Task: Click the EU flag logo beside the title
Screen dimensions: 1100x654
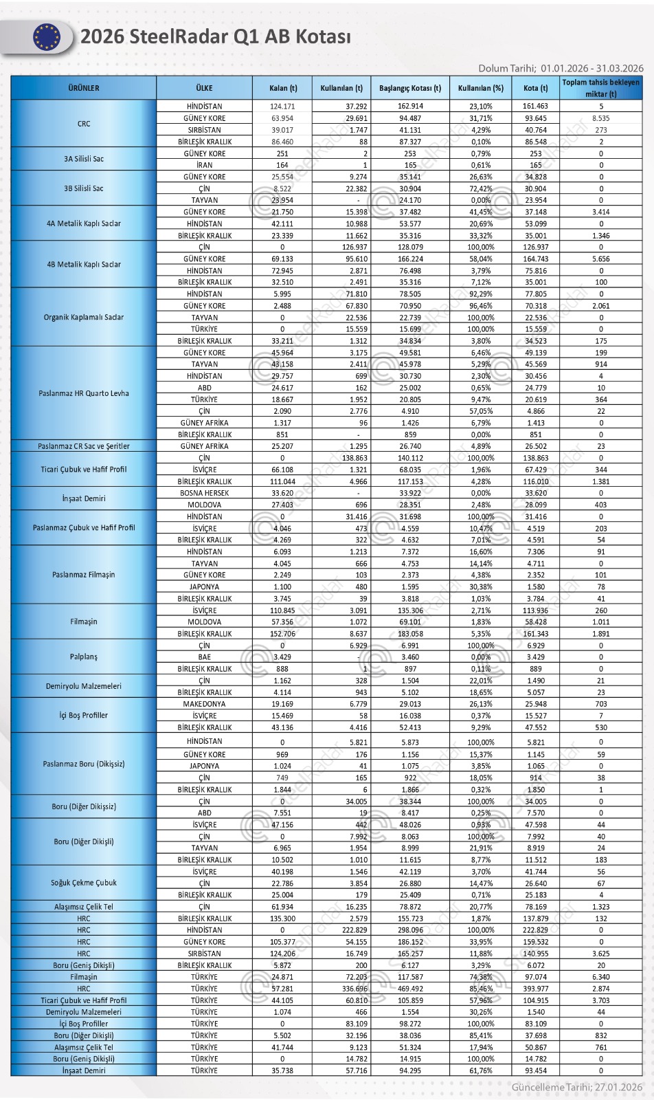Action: (47, 37)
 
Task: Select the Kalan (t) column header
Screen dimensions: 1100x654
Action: (283, 88)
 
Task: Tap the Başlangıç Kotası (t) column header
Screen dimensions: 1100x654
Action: (410, 88)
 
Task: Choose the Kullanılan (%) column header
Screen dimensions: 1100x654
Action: (481, 88)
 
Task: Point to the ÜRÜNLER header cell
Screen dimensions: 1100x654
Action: (84, 88)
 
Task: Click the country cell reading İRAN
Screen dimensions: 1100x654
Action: (204, 165)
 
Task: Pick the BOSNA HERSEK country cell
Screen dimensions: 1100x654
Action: (204, 493)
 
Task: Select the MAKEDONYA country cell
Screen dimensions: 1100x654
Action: (204, 704)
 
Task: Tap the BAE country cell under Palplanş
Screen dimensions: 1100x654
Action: (204, 657)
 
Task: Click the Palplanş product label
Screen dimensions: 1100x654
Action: (84, 657)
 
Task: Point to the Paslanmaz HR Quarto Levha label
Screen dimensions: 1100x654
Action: (84, 393)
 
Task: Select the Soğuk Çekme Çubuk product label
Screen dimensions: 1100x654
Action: (84, 883)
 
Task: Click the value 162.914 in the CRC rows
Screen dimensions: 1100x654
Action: (410, 107)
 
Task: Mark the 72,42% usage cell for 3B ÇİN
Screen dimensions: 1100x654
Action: (481, 188)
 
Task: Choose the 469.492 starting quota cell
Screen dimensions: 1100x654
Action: (410, 989)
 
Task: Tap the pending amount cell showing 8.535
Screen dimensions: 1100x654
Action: (601, 118)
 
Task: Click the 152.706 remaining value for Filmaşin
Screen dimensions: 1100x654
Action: (283, 634)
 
